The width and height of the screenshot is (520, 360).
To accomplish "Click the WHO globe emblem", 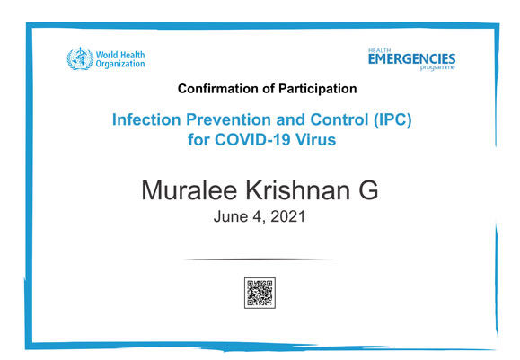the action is [x=80, y=58].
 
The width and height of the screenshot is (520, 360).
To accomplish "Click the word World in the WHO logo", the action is [x=107, y=55].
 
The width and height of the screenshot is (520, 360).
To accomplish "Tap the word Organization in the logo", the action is [x=120, y=64].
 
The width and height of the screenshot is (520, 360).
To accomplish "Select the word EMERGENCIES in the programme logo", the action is [x=411, y=59].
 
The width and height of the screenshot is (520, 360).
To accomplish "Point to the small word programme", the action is [x=437, y=67].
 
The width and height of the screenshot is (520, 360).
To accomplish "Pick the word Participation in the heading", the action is [x=317, y=89].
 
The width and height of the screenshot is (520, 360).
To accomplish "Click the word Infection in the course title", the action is [x=146, y=119].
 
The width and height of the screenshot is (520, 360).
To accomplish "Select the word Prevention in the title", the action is [x=229, y=119].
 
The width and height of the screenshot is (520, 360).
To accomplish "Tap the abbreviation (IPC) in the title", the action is [x=392, y=119].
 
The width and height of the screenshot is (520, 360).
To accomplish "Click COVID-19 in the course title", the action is [x=252, y=139].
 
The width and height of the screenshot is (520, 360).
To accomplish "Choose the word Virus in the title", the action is [x=316, y=139].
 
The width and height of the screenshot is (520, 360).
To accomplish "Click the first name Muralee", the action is [x=189, y=190].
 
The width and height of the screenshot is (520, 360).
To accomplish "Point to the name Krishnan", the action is [x=298, y=190].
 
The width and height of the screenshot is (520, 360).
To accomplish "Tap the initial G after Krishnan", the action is [x=368, y=190].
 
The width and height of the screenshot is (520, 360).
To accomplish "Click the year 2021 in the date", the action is [x=288, y=216].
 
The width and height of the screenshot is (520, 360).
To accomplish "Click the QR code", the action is [x=260, y=293].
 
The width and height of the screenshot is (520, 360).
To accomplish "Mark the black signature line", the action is [x=260, y=259].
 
